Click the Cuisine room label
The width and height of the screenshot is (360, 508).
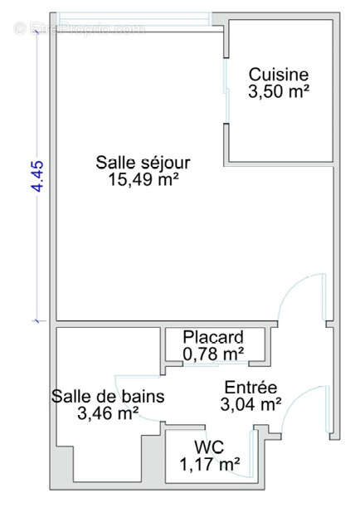279,74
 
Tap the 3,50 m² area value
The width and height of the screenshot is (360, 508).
279,91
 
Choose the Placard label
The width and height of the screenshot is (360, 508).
213,338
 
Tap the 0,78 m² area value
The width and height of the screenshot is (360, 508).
213,354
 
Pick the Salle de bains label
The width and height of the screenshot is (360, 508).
107,396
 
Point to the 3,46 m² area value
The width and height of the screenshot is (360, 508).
107,413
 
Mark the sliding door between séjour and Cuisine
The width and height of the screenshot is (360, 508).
226,84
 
